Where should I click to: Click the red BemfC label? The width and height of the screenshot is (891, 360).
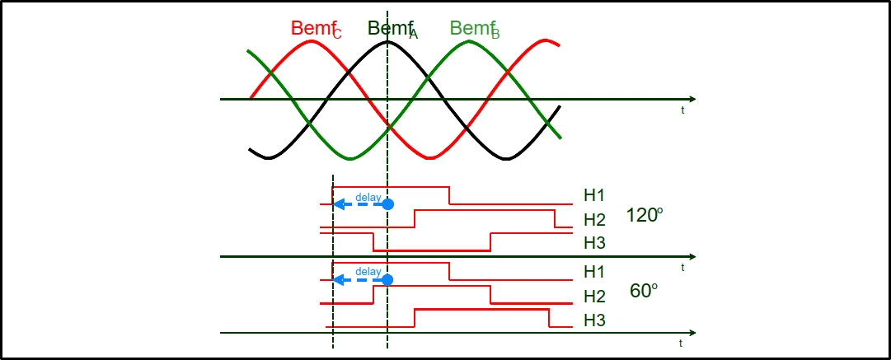coord(317,29)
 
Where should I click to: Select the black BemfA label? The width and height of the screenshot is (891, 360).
coord(393,29)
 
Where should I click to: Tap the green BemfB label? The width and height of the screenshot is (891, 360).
coord(475,29)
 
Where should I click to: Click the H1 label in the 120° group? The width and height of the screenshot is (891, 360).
coord(594,195)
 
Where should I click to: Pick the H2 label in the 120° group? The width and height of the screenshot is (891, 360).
coord(595,219)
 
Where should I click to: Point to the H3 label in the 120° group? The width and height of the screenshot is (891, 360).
coord(595,243)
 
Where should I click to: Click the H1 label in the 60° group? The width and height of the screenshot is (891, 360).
coord(594,272)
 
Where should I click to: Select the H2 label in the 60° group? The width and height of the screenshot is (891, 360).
coord(595,297)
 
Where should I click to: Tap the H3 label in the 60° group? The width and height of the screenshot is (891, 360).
coord(595,320)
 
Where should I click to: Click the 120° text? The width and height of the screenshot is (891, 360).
coord(645,215)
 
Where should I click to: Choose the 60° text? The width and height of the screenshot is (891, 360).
coord(644,291)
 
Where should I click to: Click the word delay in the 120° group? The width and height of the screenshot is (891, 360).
coord(368,197)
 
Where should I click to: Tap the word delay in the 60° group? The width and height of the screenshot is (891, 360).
coord(368,271)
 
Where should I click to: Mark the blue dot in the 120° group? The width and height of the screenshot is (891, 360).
coord(387,204)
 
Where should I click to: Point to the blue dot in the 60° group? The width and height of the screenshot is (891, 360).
coord(387,280)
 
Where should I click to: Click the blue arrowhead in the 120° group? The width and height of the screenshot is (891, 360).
coord(338,204)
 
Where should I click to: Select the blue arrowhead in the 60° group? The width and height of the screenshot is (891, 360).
coord(338,280)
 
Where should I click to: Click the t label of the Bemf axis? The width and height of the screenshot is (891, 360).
coord(682,110)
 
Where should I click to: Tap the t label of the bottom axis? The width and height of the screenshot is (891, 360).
coord(680,343)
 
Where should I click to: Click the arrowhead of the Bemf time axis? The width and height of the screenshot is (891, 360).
coord(692,100)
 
